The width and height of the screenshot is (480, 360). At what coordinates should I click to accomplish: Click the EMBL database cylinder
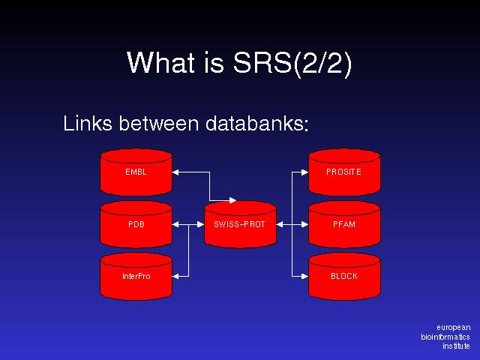[136, 172]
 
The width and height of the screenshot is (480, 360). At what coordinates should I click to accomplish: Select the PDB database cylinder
[136, 224]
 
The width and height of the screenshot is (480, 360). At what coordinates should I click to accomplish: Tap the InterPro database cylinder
[136, 276]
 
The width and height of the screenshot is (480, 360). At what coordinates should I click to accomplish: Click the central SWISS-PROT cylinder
[240, 224]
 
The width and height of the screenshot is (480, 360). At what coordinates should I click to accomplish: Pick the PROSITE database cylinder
[344, 172]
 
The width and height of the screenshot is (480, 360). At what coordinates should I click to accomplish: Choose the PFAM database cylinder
[344, 224]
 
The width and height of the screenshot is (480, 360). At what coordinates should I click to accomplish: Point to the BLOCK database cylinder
[344, 276]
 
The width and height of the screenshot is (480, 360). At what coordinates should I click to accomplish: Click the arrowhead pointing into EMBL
[176, 172]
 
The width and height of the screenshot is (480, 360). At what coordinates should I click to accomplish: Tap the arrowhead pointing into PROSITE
[304, 172]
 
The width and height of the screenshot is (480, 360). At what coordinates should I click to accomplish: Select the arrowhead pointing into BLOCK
[304, 276]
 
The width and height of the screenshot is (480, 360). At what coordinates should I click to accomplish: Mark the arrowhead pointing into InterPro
[176, 276]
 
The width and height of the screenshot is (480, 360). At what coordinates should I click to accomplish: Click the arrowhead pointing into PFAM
[304, 224]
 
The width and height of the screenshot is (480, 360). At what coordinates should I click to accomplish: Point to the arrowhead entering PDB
[176, 224]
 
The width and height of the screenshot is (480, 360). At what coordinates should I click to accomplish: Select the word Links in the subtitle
[85, 123]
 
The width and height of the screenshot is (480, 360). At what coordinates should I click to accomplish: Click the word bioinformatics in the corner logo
[445, 337]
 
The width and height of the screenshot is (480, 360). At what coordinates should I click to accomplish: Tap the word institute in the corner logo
[456, 346]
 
